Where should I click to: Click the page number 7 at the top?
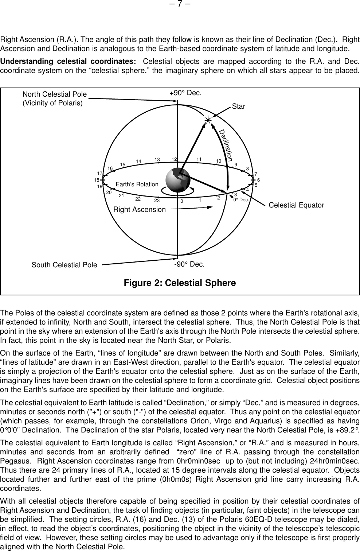(180, 5)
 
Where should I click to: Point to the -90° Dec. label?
(189, 264)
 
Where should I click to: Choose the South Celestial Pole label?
(64, 264)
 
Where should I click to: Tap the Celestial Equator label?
(296, 205)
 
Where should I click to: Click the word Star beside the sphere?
(239, 106)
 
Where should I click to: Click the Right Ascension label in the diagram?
(140, 209)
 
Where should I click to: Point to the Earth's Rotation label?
(137, 185)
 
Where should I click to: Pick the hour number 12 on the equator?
(174, 159)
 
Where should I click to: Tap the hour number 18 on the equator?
(97, 180)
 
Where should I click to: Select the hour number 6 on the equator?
(258, 180)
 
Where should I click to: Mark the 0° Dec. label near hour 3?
(241, 200)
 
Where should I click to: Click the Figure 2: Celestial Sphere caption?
(180, 283)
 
